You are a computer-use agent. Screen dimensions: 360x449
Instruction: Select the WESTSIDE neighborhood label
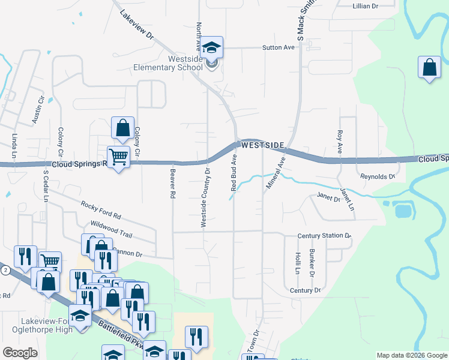click(x=263, y=146)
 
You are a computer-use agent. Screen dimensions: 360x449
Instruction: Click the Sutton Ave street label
click(x=279, y=47)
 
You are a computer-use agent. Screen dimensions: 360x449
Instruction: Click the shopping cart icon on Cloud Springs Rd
click(x=118, y=157)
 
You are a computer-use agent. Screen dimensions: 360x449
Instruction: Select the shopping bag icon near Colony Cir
click(x=122, y=127)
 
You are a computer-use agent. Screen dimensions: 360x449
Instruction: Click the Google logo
click(x=20, y=353)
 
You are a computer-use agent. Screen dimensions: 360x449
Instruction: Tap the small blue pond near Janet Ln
click(x=403, y=211)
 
